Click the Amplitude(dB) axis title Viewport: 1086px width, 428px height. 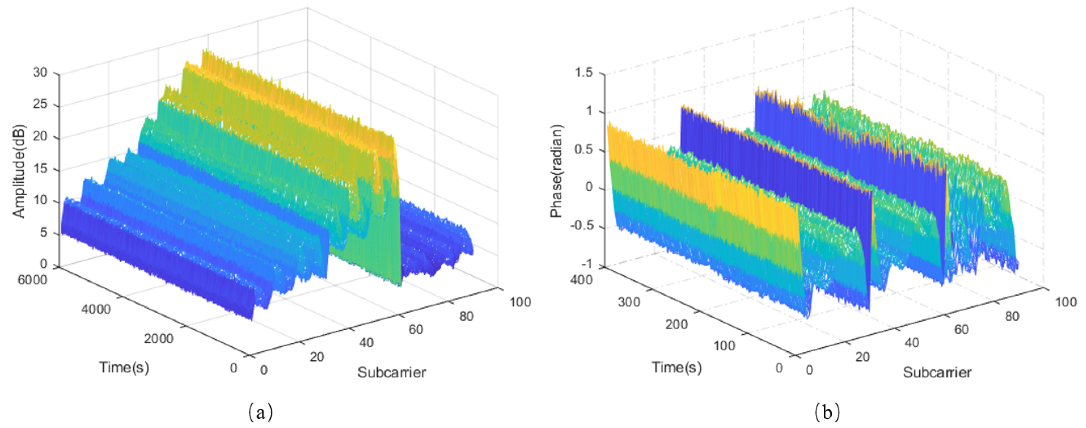19,171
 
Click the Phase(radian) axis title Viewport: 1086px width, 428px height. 556,171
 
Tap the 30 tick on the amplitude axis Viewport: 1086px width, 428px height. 41,73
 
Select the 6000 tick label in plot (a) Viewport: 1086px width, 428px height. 32,280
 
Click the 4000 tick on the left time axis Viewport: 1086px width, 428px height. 96,309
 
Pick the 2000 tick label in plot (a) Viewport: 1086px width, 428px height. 159,338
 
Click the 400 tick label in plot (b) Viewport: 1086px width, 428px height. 581,280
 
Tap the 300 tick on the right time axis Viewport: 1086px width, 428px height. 629,302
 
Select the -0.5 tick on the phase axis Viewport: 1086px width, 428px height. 581,226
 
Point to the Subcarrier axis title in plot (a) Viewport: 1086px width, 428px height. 392,372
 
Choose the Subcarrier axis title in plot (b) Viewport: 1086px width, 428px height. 937,372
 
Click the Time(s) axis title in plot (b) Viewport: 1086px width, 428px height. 677,367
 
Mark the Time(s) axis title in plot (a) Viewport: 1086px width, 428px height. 124,367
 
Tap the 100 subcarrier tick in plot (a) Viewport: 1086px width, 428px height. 520,302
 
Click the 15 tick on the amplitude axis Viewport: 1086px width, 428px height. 41,169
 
